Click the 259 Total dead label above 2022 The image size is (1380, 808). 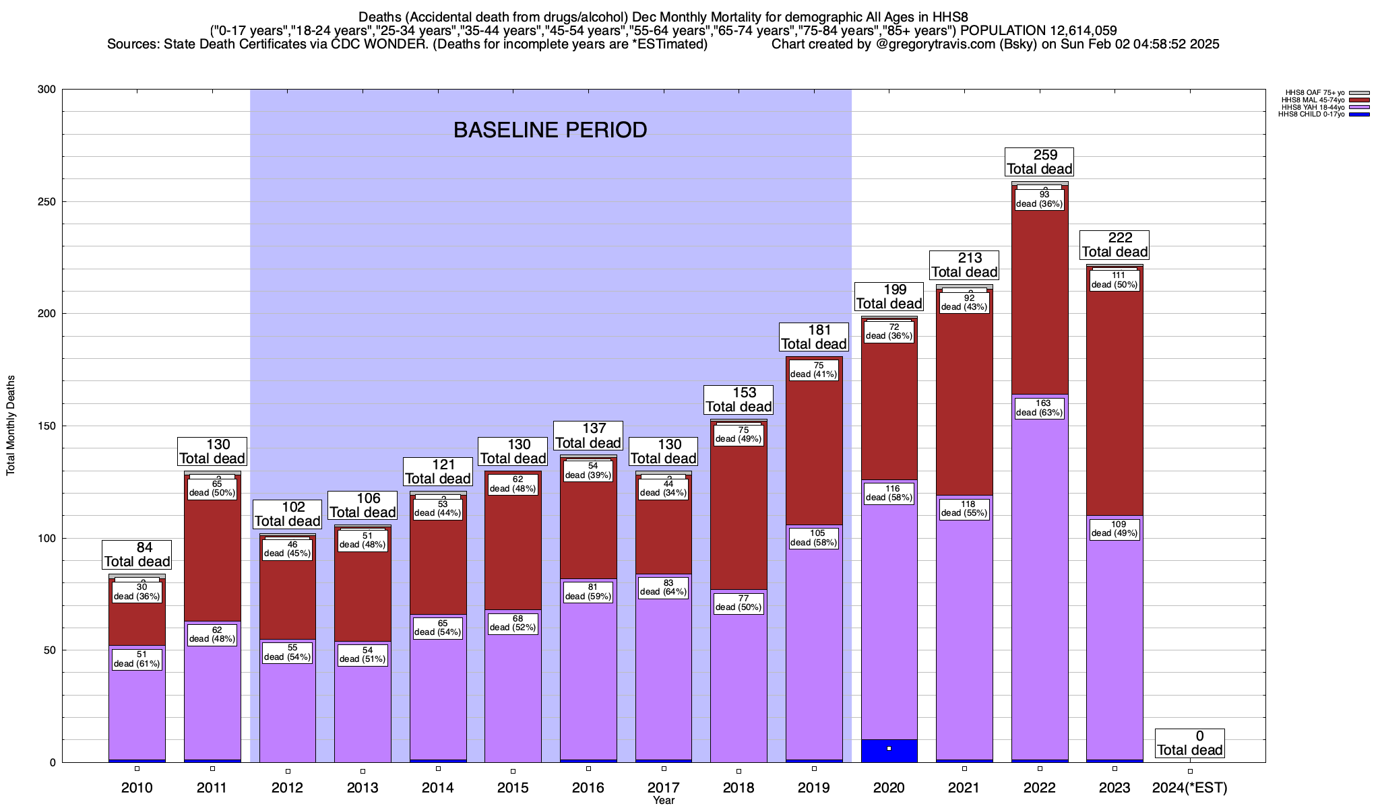(x=1039, y=162)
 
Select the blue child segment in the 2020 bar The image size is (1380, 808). (x=889, y=751)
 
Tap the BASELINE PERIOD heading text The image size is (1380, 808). (x=550, y=130)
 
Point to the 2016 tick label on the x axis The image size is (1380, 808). (x=588, y=788)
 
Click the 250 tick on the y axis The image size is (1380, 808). (x=46, y=201)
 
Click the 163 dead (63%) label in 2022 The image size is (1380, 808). (x=1039, y=408)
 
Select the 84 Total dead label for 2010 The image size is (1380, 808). (x=137, y=555)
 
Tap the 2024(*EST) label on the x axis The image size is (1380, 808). (x=1190, y=788)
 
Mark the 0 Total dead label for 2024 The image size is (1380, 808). (x=1190, y=743)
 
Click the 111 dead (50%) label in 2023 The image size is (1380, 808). (x=1115, y=280)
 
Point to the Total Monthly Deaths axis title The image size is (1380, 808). (x=11, y=426)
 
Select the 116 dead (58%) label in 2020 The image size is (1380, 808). (x=889, y=494)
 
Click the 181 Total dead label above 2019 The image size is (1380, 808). (x=814, y=337)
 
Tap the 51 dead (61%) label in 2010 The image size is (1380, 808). (x=137, y=659)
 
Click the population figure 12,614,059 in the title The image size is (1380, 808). (x=1073, y=30)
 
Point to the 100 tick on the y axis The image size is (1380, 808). (x=46, y=538)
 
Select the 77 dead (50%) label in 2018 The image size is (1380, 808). (x=739, y=603)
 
